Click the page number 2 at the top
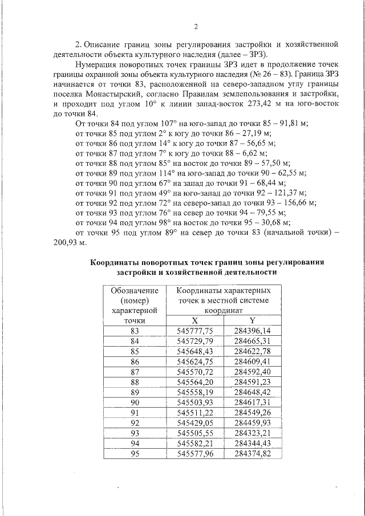point(196,27)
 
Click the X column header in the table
point(194,320)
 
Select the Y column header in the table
point(252,320)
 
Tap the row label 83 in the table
point(135,331)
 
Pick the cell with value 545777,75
point(194,331)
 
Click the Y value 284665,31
point(252,341)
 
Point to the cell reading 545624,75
point(194,361)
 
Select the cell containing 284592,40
point(252,372)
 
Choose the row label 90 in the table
point(135,403)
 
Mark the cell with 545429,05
point(194,423)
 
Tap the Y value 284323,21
point(252,433)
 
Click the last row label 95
point(135,454)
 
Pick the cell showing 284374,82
point(252,454)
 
